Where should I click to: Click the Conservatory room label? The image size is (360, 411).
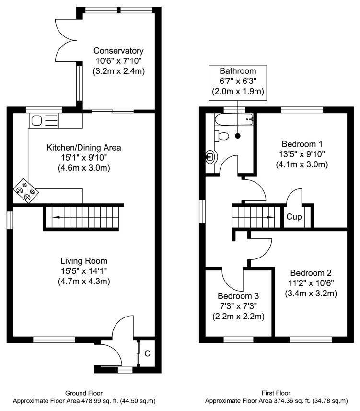(118, 50)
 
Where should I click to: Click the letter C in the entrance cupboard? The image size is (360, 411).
(148, 354)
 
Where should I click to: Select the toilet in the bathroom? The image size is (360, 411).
(222, 136)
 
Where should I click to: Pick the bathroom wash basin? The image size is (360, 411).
(210, 156)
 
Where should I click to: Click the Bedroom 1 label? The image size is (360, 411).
(302, 144)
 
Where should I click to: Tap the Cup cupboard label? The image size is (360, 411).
(294, 217)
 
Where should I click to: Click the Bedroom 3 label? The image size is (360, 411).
(238, 296)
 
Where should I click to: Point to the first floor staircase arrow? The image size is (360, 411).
(268, 217)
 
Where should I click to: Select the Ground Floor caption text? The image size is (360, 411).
(83, 393)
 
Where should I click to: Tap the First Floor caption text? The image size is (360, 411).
(276, 393)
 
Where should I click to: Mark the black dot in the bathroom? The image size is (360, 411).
(238, 136)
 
